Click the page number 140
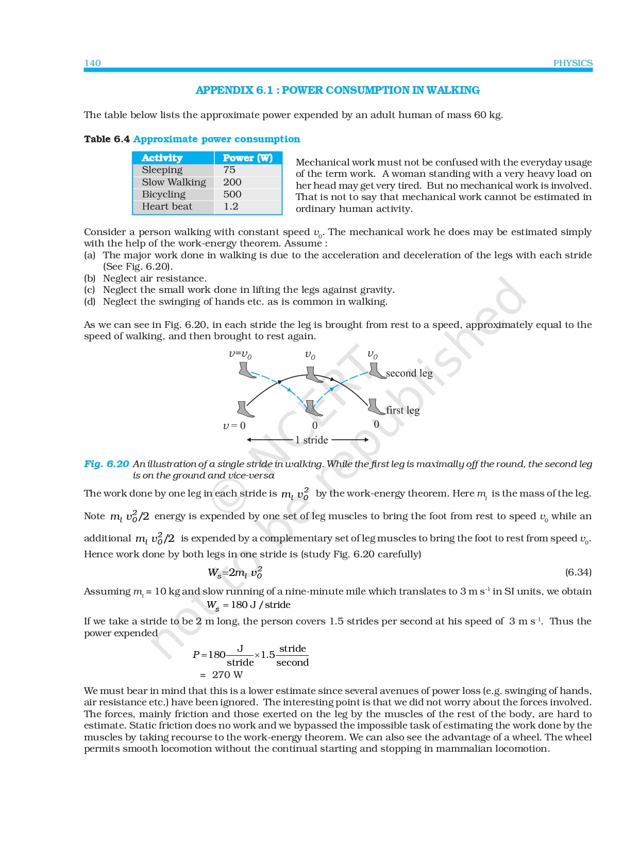pos(93,63)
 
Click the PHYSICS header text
pos(573,63)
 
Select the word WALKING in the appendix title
pos(453,90)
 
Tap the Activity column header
pos(162,158)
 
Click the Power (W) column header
pos(247,158)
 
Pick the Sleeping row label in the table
pos(162,170)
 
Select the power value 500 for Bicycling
pos(232,194)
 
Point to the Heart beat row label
pos(167,206)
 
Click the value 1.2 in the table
pos(231,206)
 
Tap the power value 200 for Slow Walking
pos(232,182)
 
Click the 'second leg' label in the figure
pos(409,373)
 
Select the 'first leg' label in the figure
pos(403,410)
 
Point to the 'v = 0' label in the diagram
pos(234,426)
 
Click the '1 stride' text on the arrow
pos(312,440)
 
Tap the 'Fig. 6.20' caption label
pos(106,464)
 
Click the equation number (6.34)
pos(578,572)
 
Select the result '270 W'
pos(227,675)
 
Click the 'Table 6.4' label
pos(107,139)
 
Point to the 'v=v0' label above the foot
pos(240,355)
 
